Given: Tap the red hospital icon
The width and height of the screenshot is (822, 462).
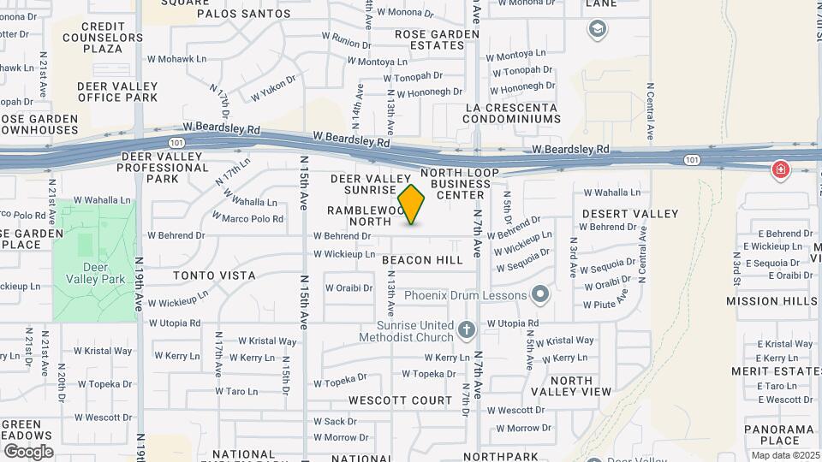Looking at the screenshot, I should [780, 169].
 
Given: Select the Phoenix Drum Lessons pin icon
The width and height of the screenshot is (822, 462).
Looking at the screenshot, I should [539, 295].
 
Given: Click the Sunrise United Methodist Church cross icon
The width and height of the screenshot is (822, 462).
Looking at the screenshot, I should [466, 329].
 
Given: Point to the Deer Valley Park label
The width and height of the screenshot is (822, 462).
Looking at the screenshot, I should [95, 272].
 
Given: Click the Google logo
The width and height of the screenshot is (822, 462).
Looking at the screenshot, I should [27, 451].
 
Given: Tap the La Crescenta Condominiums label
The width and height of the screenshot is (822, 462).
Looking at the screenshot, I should [510, 114].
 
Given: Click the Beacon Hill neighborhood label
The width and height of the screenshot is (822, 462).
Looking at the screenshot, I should [422, 259].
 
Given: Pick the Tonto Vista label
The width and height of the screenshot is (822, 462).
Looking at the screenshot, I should [214, 275].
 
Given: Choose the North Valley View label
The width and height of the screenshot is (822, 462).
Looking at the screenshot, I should [571, 386].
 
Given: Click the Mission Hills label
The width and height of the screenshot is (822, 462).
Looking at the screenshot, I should [771, 301].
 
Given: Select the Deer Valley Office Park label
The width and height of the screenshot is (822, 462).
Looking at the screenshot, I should [118, 92].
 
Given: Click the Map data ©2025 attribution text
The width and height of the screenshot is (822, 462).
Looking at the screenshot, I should [785, 455].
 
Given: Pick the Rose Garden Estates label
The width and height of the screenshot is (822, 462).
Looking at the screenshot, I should [425, 39].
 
